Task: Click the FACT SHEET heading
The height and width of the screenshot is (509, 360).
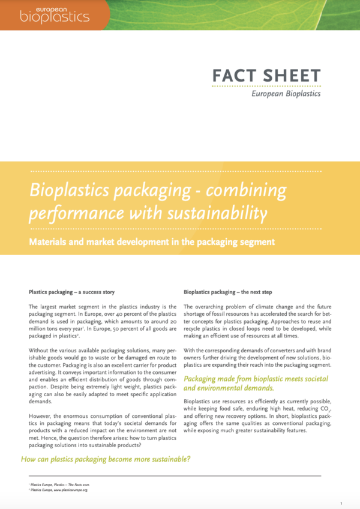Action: tap(266, 77)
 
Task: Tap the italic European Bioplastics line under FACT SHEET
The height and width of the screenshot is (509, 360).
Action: tap(285, 93)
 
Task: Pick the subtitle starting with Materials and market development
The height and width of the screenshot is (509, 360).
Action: tap(152, 242)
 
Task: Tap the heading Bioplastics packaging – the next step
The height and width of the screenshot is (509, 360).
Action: tap(228, 292)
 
